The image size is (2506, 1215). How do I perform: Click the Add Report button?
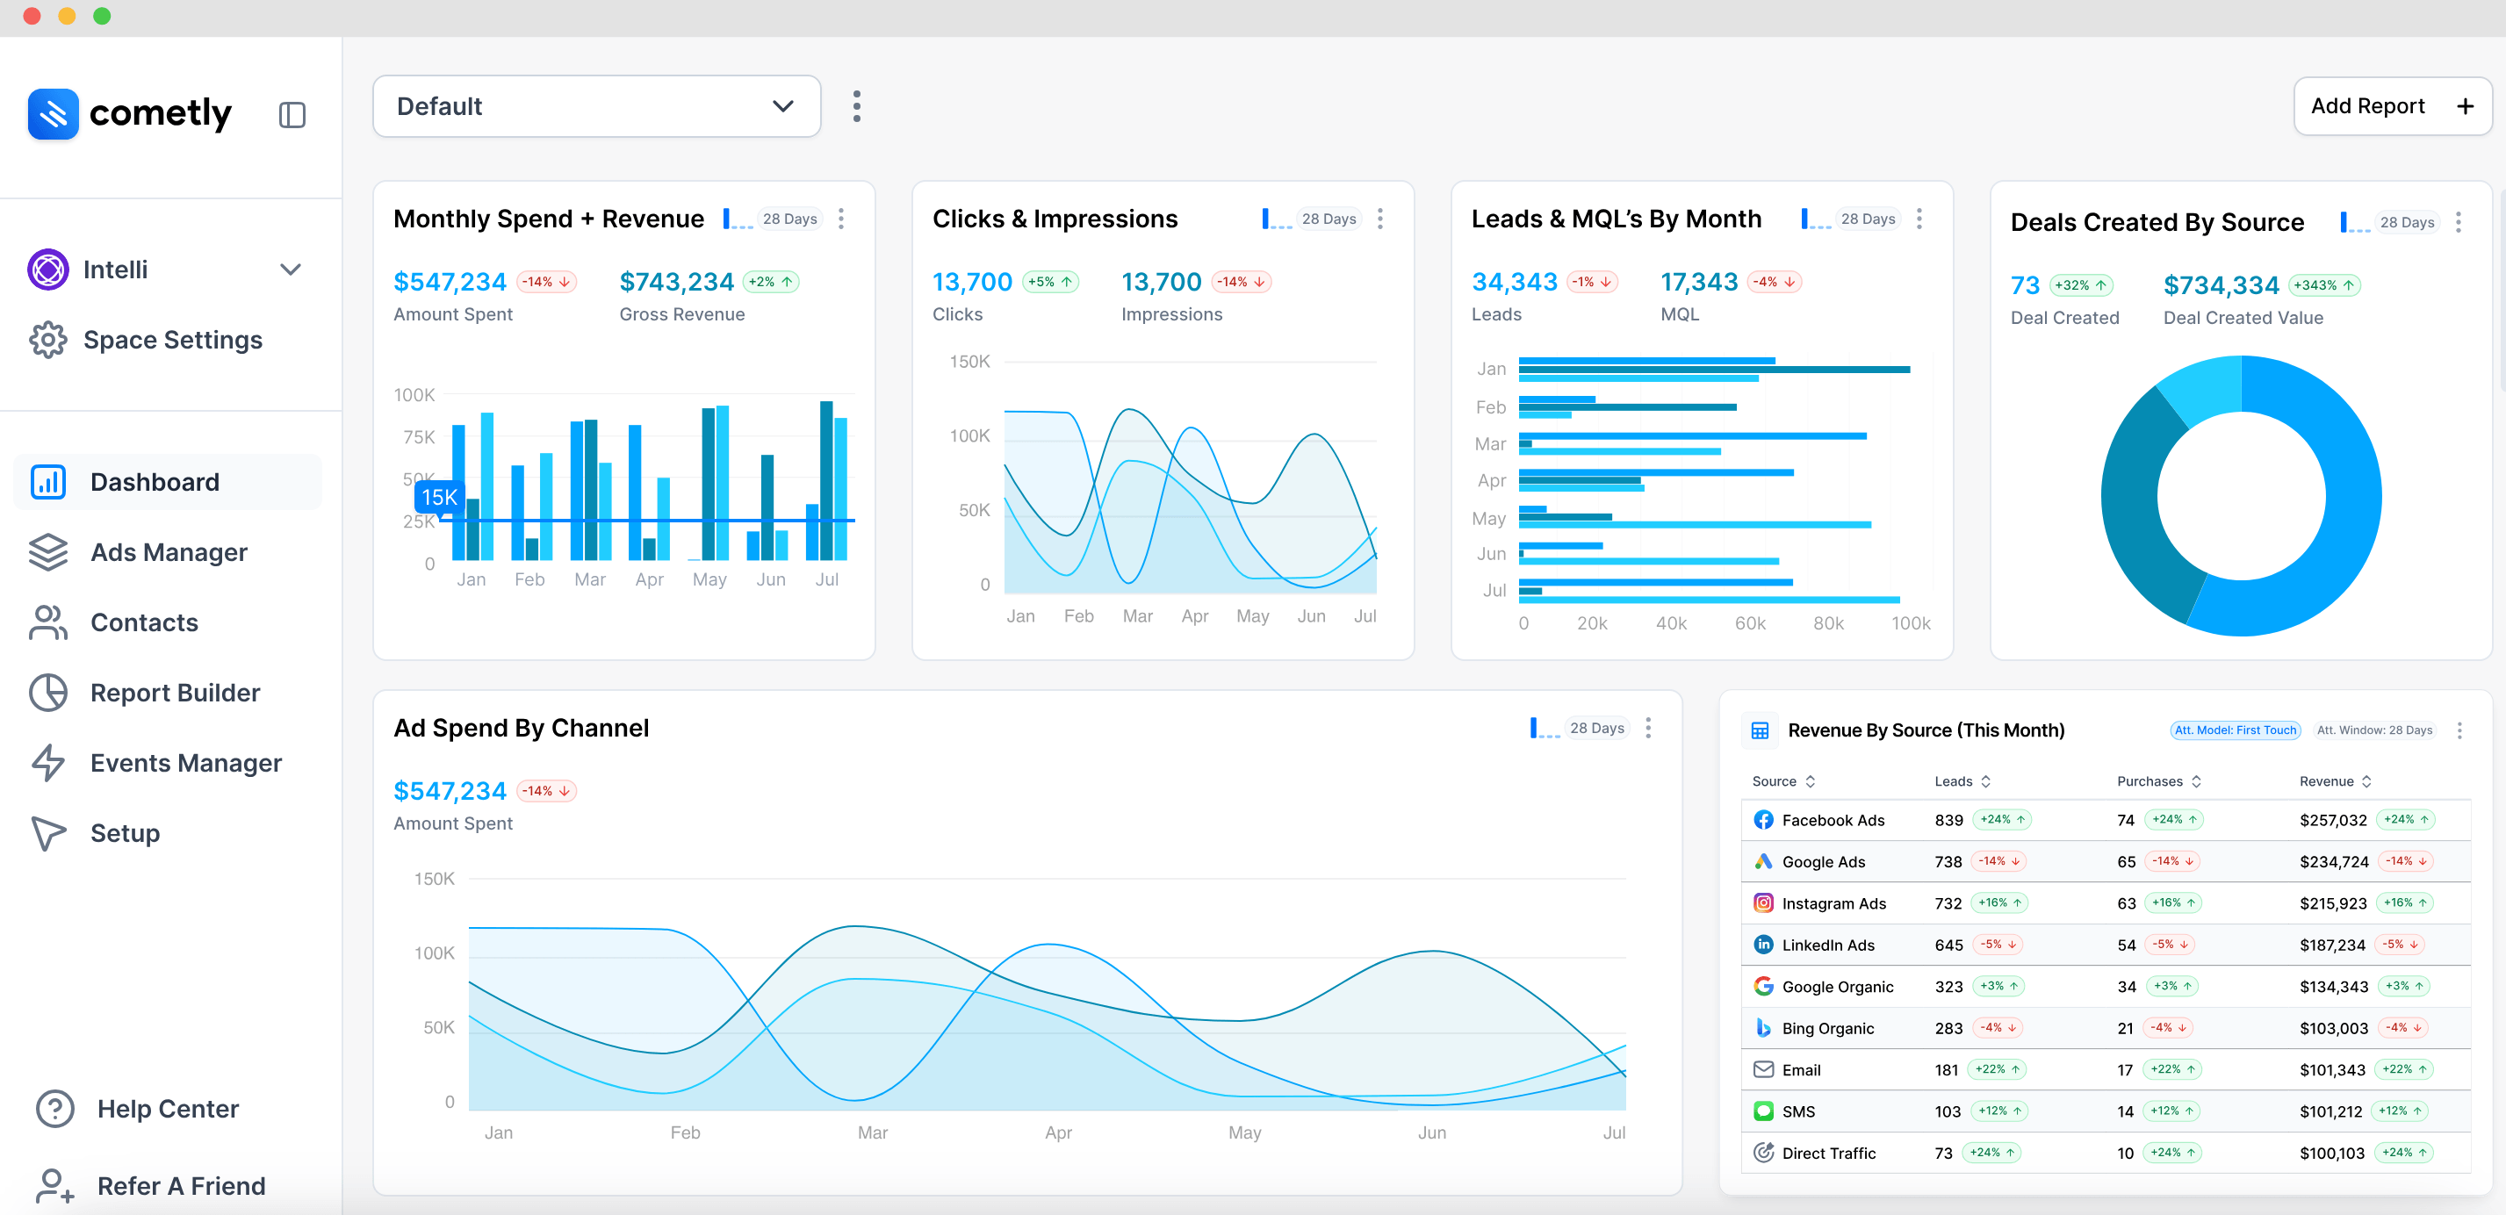2391,106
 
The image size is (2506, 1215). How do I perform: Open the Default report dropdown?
596,106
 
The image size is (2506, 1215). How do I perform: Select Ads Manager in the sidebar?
168,552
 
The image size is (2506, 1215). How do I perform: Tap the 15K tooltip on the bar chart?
439,497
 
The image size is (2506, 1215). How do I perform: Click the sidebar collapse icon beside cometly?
292,115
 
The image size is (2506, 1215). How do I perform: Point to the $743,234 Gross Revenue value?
676,282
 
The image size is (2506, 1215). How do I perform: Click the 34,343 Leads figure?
1514,282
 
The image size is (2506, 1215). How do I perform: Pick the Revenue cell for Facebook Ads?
2333,820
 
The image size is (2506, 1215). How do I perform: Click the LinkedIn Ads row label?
1827,945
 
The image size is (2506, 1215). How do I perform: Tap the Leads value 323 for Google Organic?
1948,987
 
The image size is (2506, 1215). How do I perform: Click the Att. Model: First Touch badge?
2235,730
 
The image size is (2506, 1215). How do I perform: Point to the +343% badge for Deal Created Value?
2324,285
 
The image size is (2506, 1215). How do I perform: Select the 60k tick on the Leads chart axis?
1749,623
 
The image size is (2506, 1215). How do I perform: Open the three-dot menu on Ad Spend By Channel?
1647,729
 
